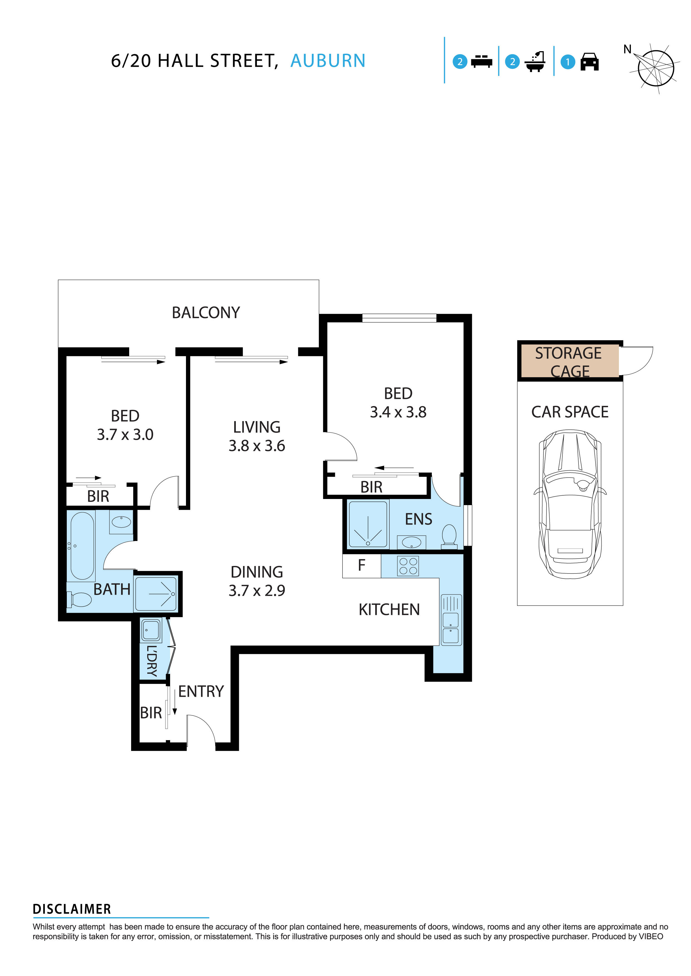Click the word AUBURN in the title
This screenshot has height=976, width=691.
click(x=328, y=61)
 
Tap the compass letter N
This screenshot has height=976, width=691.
click(x=627, y=49)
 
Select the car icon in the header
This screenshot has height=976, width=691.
click(x=589, y=62)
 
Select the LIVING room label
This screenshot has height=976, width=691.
click(x=257, y=427)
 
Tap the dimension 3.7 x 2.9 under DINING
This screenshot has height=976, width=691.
click(x=257, y=590)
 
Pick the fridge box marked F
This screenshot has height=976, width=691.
click(x=361, y=566)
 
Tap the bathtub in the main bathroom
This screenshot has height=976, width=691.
click(x=82, y=546)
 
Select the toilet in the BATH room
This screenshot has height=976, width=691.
click(x=80, y=600)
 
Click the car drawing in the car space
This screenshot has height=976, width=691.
click(x=570, y=504)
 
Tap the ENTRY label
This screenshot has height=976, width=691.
click(x=201, y=692)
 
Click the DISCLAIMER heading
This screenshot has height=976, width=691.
click(x=72, y=909)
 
